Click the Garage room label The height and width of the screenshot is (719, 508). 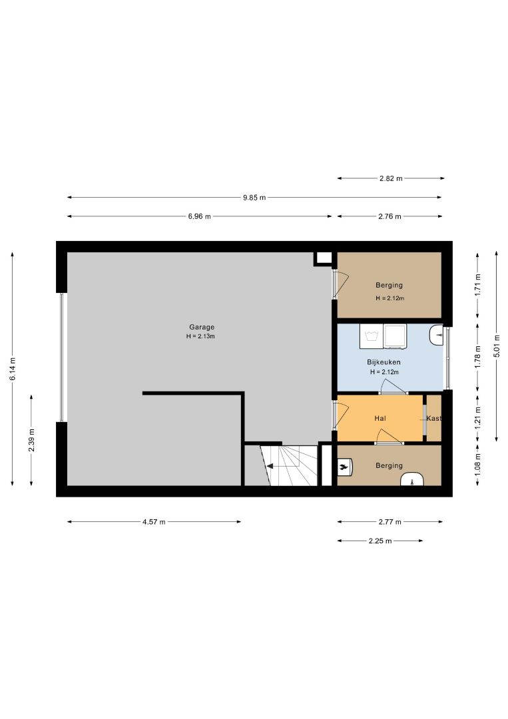[x=202, y=327]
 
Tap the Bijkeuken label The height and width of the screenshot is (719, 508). [x=383, y=361]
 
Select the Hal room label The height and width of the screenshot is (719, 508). [x=380, y=418]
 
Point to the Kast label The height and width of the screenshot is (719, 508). [x=433, y=418]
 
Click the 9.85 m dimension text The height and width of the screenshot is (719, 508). [x=254, y=198]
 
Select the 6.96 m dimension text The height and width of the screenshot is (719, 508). [x=199, y=216]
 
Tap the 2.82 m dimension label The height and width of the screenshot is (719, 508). [x=391, y=178]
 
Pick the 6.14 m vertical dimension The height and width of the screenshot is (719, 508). [x=13, y=368]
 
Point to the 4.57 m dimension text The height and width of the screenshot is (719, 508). [x=154, y=522]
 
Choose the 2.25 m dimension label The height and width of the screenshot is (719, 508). [x=380, y=541]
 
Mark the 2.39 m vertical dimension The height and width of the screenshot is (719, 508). [x=31, y=440]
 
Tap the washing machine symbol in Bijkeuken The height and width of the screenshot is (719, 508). [x=372, y=335]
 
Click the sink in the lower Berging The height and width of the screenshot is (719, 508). [x=413, y=479]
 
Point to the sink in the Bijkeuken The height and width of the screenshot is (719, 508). [x=436, y=335]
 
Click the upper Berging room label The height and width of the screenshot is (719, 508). [x=389, y=285]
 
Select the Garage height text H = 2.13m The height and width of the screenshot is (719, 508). [x=201, y=336]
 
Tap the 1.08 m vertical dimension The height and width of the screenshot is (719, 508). [x=478, y=463]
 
